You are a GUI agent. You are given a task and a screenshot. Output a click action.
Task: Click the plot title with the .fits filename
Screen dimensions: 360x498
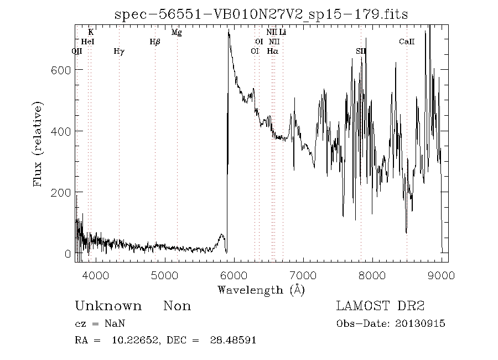pos(261,14)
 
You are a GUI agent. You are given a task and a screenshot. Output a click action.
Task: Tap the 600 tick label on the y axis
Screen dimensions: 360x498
pos(61,70)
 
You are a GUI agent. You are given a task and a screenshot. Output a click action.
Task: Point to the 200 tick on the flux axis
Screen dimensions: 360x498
pos(61,192)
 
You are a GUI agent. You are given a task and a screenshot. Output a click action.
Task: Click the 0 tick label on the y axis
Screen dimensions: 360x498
pos(68,254)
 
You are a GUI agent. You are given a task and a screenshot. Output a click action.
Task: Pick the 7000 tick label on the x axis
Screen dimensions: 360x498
pos(303,274)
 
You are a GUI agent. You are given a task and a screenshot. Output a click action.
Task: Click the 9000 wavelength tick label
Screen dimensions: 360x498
pos(441,274)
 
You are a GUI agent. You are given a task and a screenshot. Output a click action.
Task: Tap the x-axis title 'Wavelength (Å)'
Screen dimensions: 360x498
pos(261,290)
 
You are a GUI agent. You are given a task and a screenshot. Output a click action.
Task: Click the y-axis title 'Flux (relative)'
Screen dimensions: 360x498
pos(38,143)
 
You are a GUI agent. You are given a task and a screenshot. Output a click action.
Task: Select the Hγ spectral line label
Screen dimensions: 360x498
pos(119,52)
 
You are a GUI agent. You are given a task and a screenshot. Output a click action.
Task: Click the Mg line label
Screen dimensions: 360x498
pos(177,33)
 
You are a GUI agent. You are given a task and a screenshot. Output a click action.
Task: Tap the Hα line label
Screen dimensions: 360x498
pos(272,52)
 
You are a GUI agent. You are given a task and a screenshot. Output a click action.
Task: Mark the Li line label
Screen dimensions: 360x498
pos(283,33)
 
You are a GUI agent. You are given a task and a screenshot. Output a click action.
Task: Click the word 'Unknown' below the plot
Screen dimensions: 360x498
pos(108,306)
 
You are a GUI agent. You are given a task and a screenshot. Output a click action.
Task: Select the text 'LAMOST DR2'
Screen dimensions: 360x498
pos(380,306)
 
